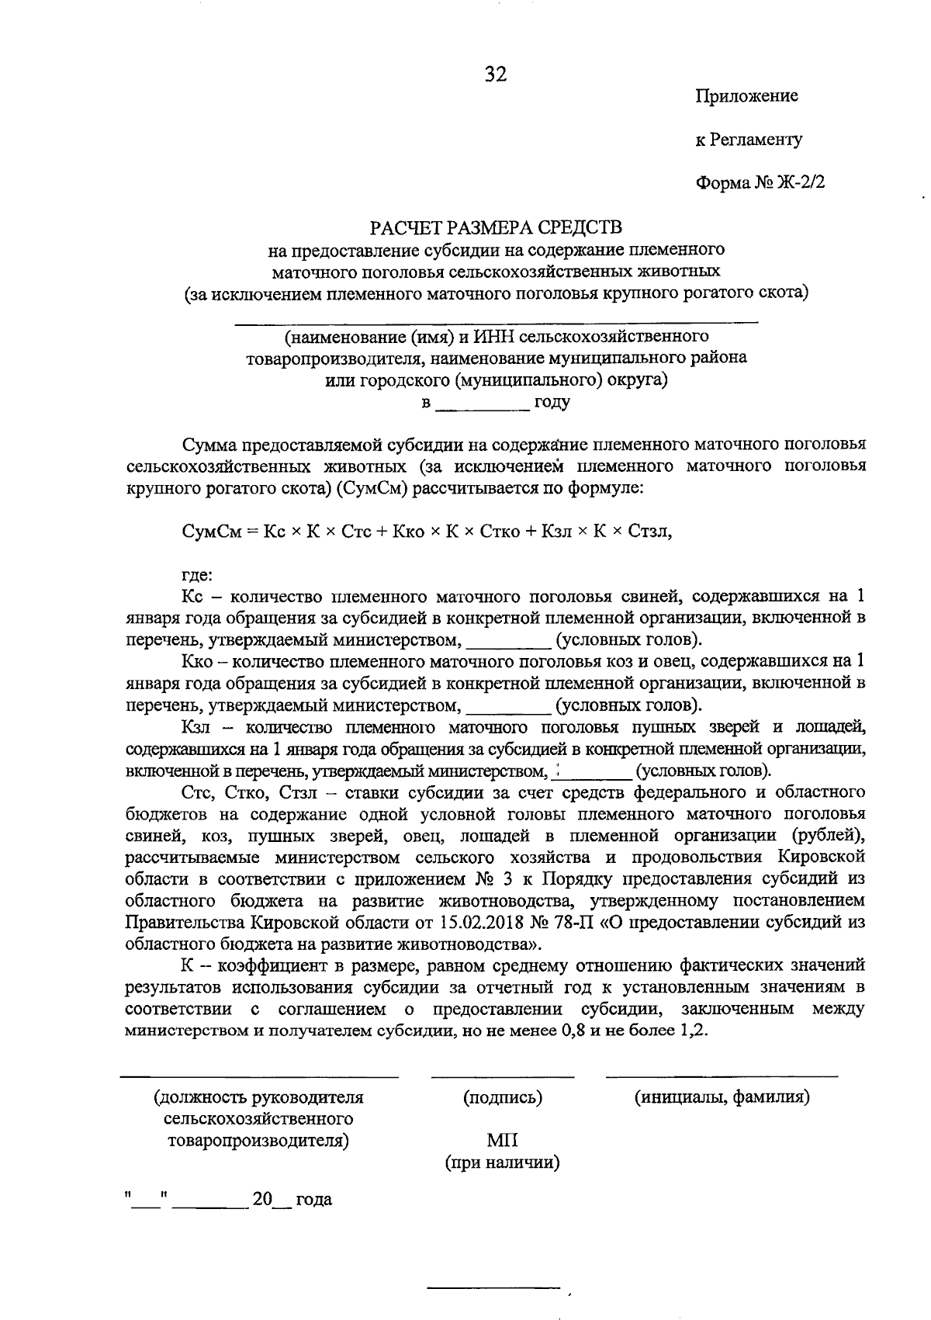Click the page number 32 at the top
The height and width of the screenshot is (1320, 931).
coord(496,74)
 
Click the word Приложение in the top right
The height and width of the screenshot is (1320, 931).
coord(746,96)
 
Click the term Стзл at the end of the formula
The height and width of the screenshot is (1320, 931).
coord(650,532)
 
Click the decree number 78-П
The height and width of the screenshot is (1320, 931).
coord(573,923)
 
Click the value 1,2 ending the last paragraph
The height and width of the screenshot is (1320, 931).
coord(694,1032)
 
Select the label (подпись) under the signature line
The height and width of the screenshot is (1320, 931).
coord(502,1098)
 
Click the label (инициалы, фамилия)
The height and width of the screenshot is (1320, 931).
coord(722,1098)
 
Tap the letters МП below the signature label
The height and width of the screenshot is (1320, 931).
coord(502,1141)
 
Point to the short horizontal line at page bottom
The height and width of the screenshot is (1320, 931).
coord(493,1288)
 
